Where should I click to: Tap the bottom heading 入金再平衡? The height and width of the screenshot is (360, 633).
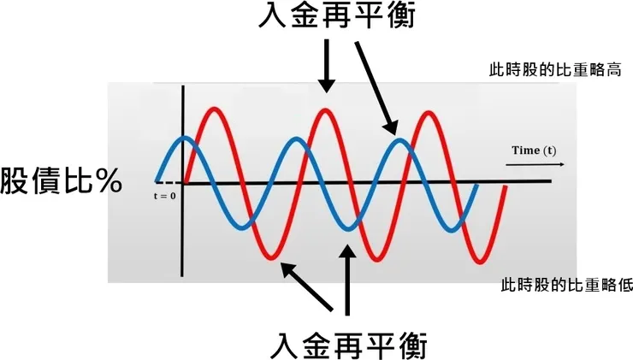[348, 345]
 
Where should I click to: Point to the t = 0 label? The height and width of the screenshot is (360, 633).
[165, 196]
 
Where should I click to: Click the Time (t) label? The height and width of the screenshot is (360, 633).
[534, 150]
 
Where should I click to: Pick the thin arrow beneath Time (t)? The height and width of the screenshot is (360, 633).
[535, 165]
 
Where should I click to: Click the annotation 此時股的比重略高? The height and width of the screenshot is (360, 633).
[555, 69]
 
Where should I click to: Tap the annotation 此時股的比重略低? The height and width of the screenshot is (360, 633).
[566, 285]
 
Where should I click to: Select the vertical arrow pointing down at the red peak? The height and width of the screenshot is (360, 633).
[327, 66]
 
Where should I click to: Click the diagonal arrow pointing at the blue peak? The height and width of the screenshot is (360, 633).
[376, 88]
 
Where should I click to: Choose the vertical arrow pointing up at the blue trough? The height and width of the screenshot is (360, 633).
[346, 280]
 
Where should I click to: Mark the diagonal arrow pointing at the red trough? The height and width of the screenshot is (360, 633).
[307, 286]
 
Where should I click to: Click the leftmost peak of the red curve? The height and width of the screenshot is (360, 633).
[215, 109]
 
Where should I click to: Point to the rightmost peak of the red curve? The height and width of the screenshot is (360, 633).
[429, 114]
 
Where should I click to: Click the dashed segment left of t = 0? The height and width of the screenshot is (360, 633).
[169, 183]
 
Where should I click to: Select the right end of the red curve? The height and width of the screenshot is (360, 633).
[505, 187]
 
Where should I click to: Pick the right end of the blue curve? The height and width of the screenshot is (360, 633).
[477, 186]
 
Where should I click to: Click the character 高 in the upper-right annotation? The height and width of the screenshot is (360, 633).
[613, 69]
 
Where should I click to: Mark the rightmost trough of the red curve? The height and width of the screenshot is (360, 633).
[481, 262]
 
